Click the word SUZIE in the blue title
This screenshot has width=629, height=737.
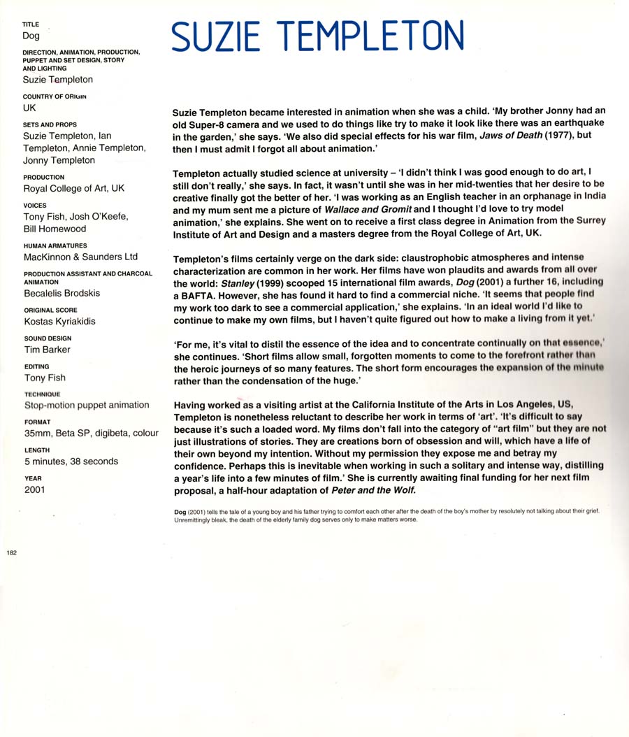point(216,36)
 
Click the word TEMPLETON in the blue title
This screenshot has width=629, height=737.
point(370,36)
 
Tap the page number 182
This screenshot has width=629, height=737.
point(11,552)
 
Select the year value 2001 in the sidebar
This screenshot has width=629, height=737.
point(34,489)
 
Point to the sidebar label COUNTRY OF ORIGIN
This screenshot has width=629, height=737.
point(55,96)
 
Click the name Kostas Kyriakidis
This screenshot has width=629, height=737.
point(59,322)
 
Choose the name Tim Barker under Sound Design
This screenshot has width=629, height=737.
point(47,350)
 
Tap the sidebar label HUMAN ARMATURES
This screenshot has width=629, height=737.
point(55,246)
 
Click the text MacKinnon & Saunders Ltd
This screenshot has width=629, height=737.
point(80,257)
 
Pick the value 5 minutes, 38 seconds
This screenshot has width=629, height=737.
point(71,461)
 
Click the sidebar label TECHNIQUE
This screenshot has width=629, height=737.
point(42,394)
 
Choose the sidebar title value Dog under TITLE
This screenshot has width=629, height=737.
point(31,36)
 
